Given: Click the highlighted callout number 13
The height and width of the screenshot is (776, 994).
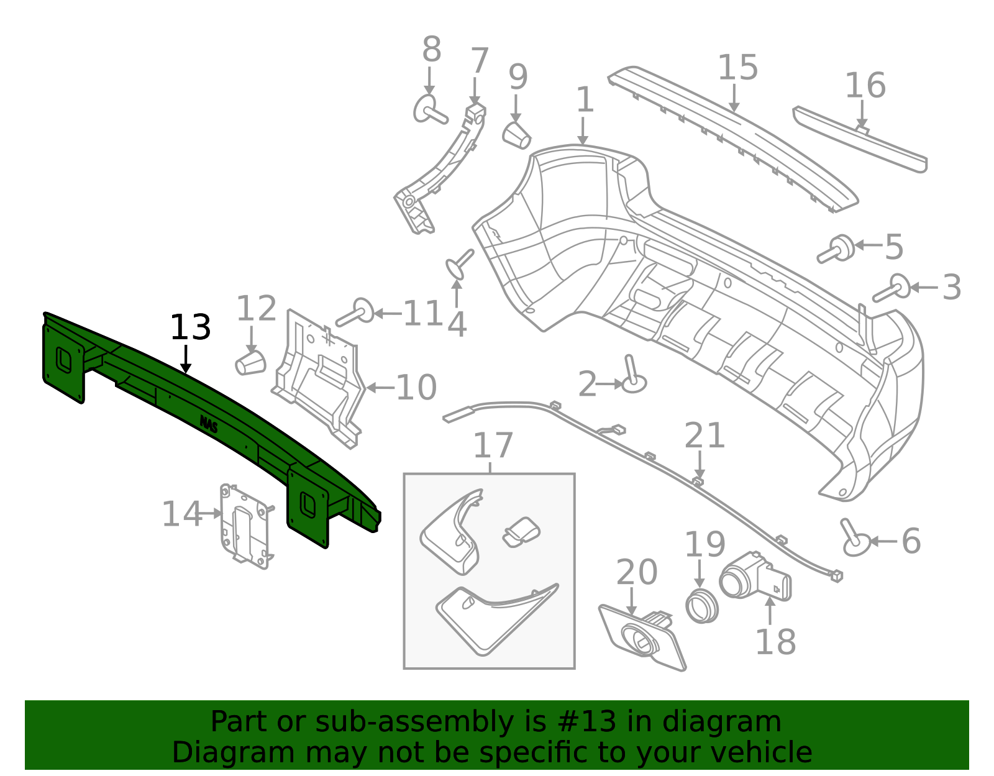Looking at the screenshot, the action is pyautogui.click(x=190, y=327).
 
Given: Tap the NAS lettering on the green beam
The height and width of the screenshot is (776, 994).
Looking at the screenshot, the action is pyautogui.click(x=209, y=424).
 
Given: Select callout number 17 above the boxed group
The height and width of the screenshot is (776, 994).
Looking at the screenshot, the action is pyautogui.click(x=493, y=445).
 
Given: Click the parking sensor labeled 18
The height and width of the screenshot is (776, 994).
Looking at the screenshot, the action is pyautogui.click(x=755, y=576).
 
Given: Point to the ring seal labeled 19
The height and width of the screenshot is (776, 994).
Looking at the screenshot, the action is pyautogui.click(x=702, y=606).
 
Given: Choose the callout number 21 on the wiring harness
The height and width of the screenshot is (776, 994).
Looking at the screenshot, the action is pyautogui.click(x=704, y=436).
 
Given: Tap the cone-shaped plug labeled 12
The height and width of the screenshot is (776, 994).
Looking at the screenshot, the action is pyautogui.click(x=250, y=363).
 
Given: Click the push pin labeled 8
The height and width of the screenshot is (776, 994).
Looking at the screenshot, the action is pyautogui.click(x=429, y=110).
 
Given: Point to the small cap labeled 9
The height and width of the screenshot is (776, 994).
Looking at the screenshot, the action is pyautogui.click(x=516, y=136).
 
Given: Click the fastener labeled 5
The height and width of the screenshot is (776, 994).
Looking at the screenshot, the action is pyautogui.click(x=836, y=249).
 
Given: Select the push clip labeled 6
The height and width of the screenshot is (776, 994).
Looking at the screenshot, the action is pyautogui.click(x=855, y=539).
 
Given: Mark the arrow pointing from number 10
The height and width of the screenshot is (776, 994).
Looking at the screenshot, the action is pyautogui.click(x=381, y=388).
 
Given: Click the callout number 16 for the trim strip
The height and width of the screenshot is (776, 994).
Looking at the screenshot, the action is pyautogui.click(x=865, y=86).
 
